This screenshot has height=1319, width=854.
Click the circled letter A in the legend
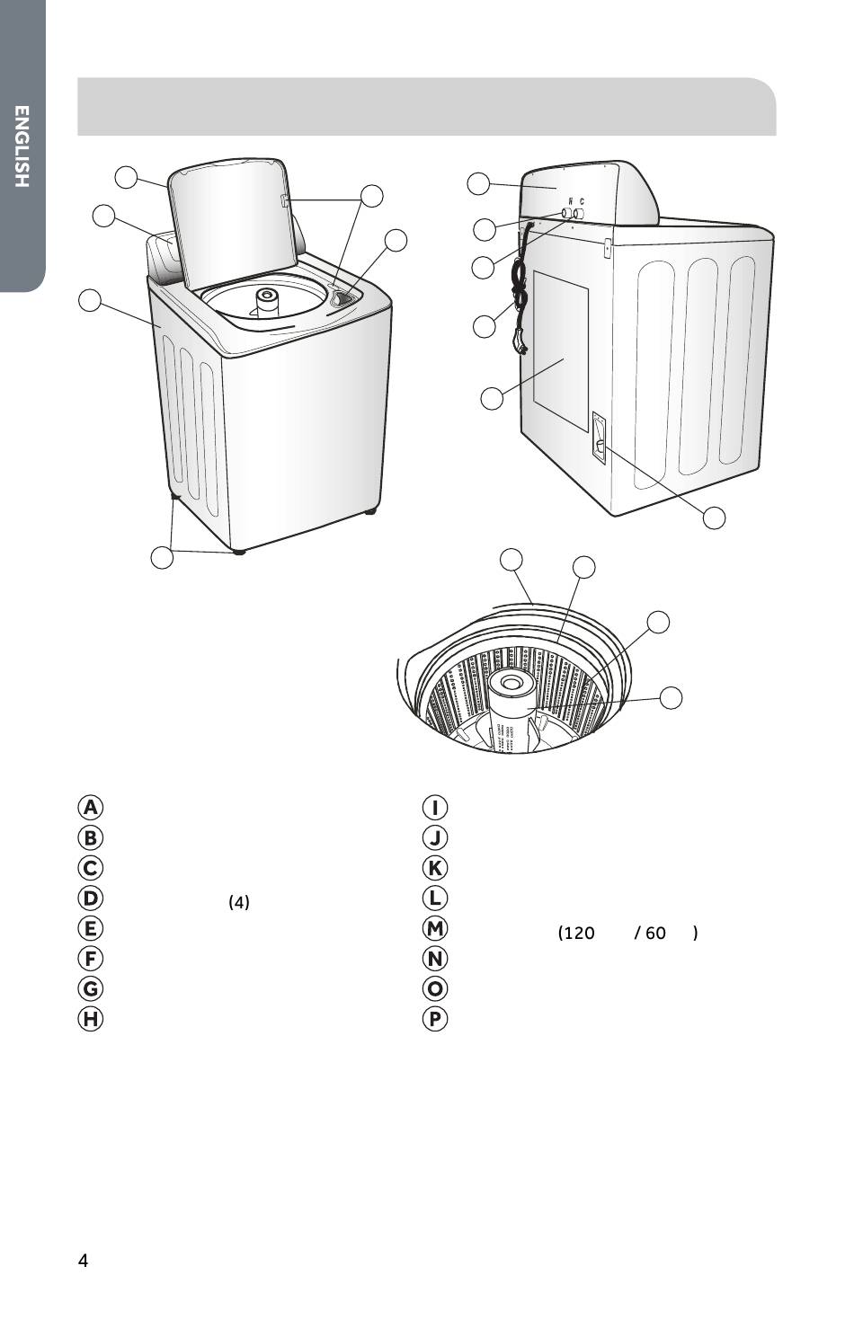tap(90, 807)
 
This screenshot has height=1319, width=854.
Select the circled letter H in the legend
tap(90, 1018)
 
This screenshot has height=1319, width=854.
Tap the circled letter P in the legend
tap(435, 1018)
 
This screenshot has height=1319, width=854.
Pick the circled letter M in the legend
tap(435, 928)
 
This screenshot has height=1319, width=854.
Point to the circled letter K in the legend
tap(435, 867)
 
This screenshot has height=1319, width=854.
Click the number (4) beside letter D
tap(239, 902)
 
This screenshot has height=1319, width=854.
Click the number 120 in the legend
tap(576, 933)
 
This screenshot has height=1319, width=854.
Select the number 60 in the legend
tap(655, 933)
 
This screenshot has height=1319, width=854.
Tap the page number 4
tap(83, 1260)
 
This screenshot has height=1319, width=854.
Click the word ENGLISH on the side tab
tap(22, 146)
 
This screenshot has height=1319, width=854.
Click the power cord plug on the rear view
tap(520, 345)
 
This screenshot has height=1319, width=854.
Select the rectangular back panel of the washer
tap(561, 351)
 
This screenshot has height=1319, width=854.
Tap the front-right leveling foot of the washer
tap(238, 552)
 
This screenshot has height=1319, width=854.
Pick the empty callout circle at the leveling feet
tap(162, 557)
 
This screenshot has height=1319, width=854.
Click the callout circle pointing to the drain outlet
tap(714, 518)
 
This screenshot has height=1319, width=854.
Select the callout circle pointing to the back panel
tap(492, 399)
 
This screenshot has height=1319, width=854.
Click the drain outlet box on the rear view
tap(599, 437)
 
